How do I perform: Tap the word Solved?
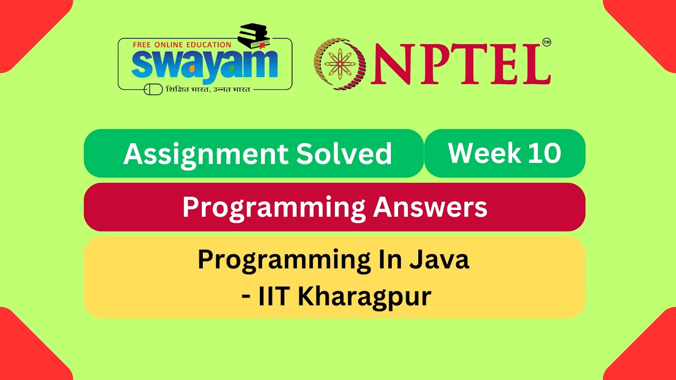coord(343,154)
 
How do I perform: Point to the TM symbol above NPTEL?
coord(546,42)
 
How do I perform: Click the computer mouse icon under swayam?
coord(153,90)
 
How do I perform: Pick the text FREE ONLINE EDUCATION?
coord(182,45)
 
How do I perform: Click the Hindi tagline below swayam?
coord(208,90)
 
